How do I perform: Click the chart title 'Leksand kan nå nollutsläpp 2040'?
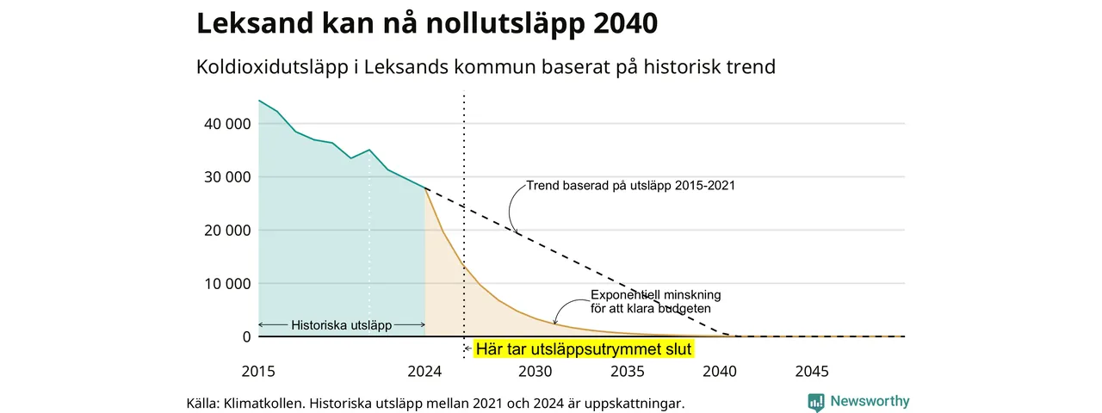(x=427, y=23)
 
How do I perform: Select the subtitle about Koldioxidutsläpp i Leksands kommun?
(x=486, y=67)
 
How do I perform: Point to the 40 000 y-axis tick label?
(x=227, y=124)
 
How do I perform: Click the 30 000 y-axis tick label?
(x=227, y=177)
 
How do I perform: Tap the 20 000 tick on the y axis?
(x=227, y=230)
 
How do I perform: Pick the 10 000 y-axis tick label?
(x=227, y=284)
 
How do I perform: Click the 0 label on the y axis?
(x=246, y=336)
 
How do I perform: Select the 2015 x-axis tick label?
(x=258, y=371)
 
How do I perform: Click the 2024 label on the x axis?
(x=424, y=371)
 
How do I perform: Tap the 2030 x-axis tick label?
(x=536, y=371)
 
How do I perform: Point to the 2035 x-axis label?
(x=628, y=371)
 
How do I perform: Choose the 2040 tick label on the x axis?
(x=720, y=371)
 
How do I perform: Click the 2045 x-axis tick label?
(x=812, y=371)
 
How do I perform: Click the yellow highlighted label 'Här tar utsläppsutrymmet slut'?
(x=584, y=349)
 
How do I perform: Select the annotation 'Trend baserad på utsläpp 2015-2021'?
(x=631, y=185)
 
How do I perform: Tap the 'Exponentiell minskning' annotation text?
(x=656, y=295)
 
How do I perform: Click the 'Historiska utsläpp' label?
(x=342, y=325)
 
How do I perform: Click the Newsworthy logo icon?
(x=816, y=402)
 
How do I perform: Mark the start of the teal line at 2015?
(x=259, y=101)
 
